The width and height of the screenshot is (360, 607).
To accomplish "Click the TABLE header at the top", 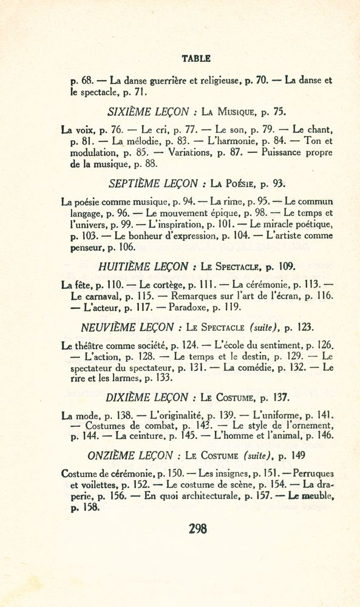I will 196,59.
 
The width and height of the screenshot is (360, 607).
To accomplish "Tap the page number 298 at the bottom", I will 198,529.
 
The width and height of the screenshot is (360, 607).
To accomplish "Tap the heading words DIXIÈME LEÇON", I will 147,398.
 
